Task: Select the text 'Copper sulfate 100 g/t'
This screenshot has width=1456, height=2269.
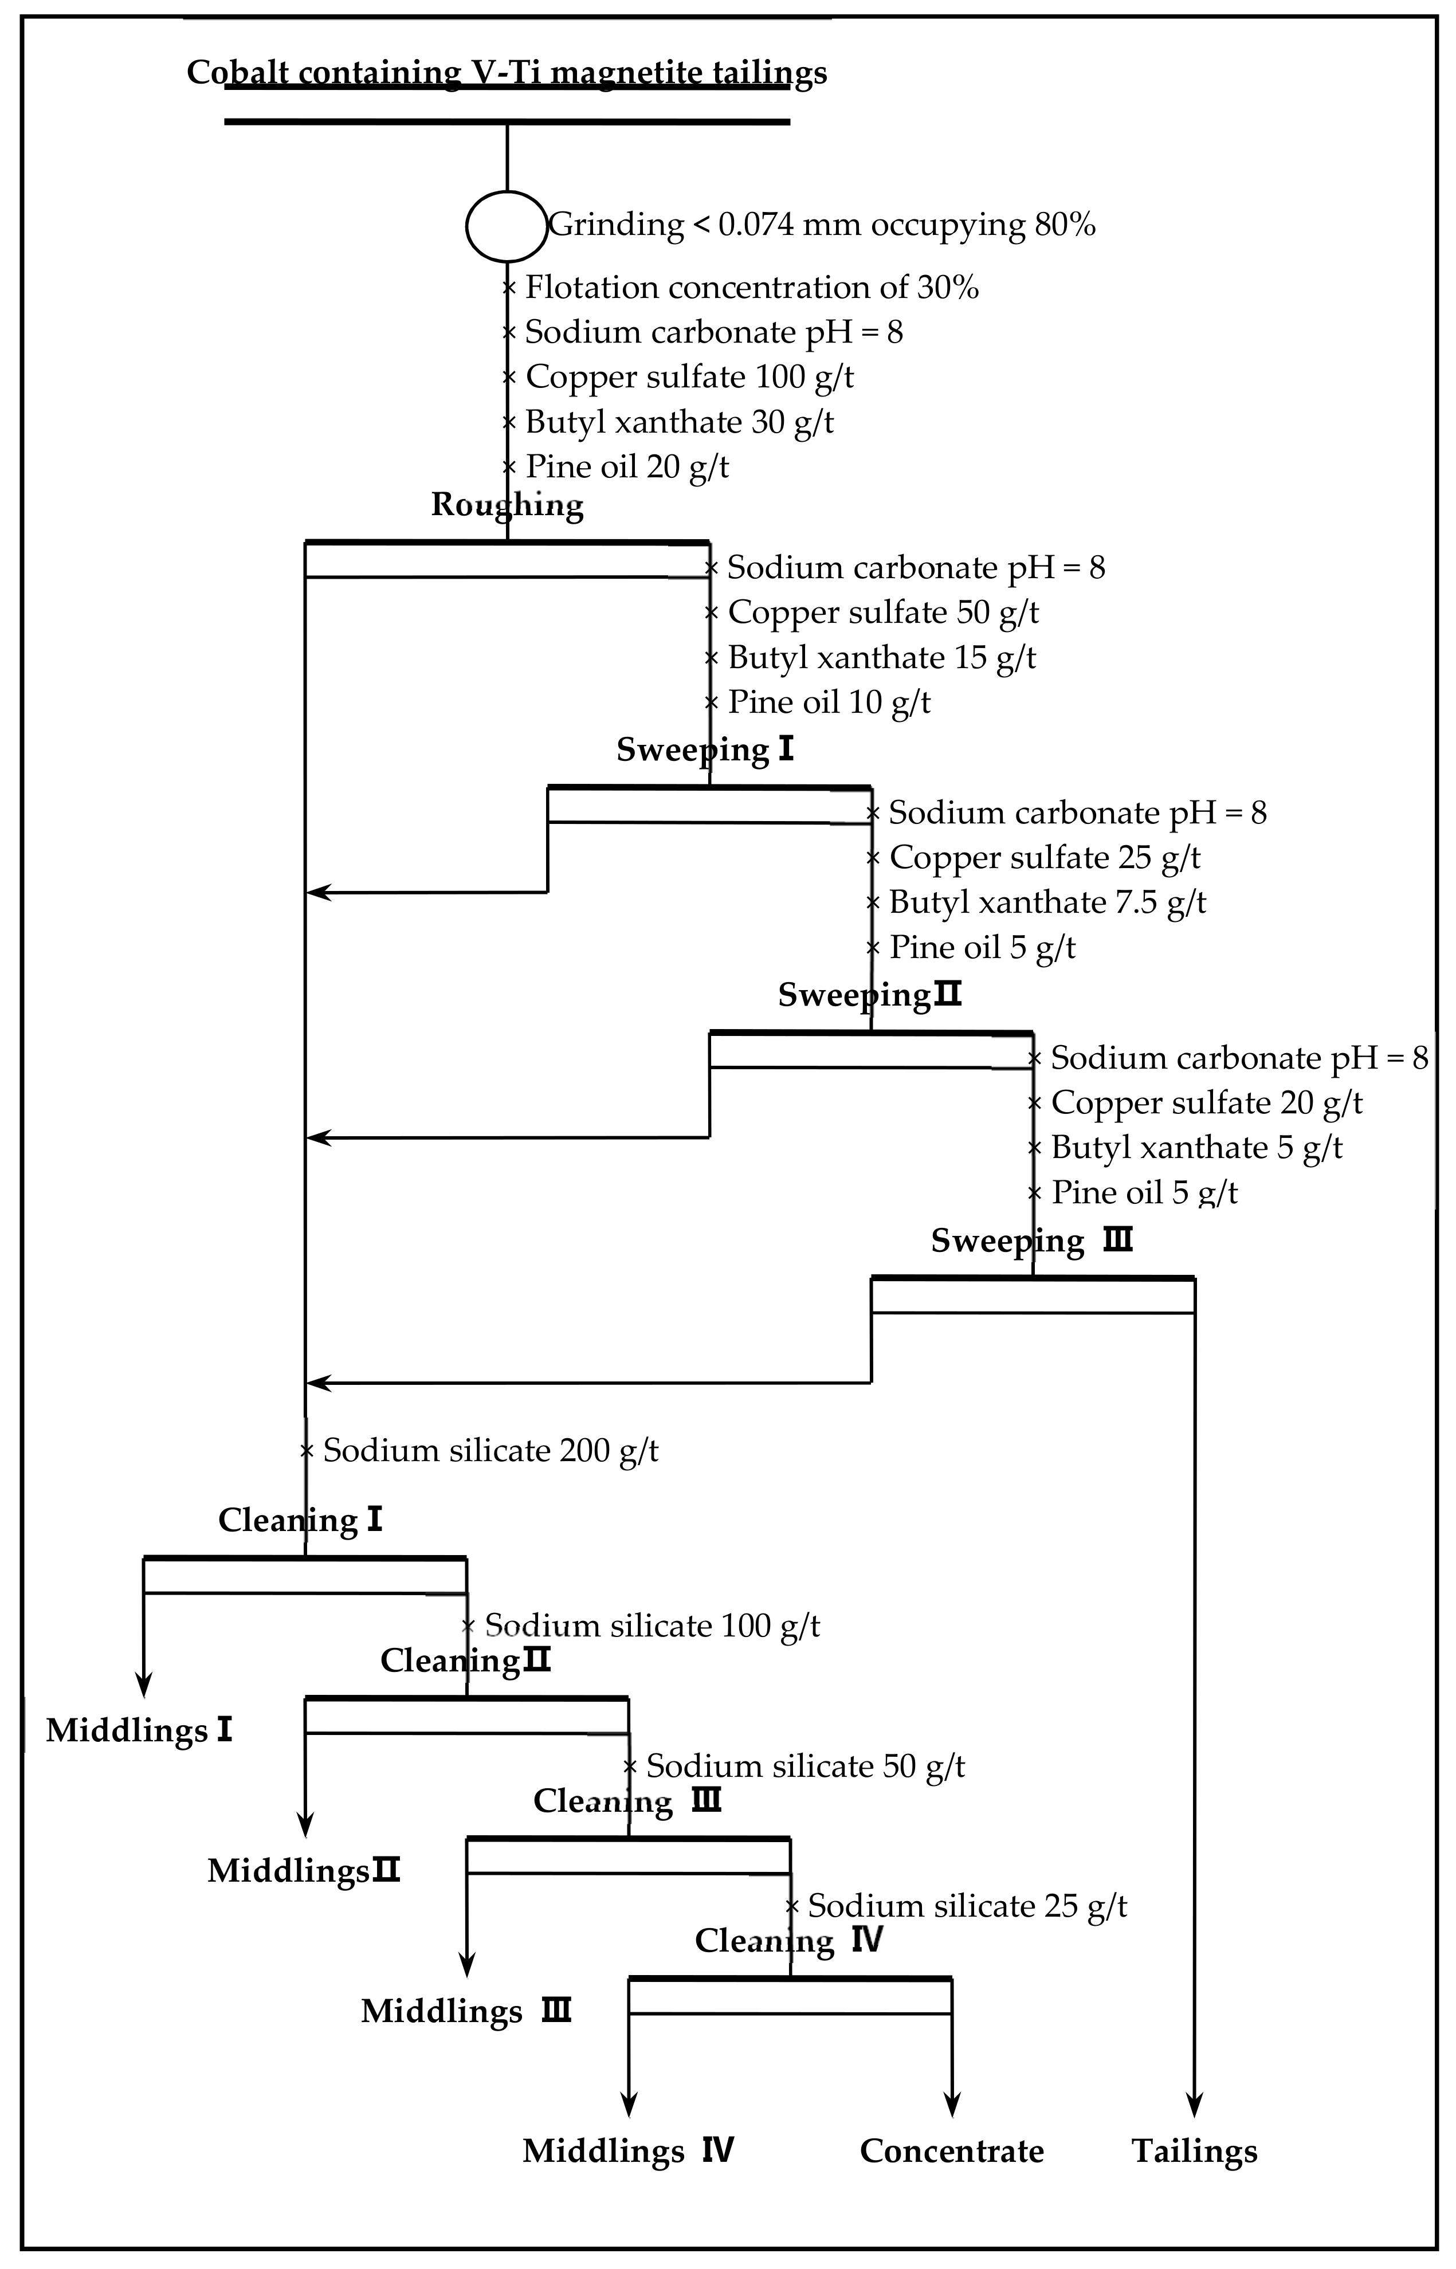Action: [689, 376]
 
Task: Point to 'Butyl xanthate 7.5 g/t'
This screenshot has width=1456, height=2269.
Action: [1047, 902]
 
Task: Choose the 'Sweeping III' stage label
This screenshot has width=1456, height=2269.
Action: [1031, 1241]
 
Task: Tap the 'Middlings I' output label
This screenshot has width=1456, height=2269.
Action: [139, 1731]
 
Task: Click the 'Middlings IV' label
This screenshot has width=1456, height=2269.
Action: [629, 2151]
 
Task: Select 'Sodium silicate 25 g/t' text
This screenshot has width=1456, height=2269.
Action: [967, 1906]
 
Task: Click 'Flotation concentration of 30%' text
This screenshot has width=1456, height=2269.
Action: [752, 288]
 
